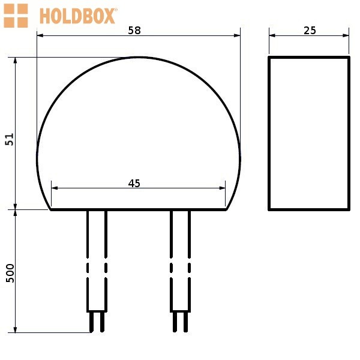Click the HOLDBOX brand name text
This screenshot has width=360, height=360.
(78, 16)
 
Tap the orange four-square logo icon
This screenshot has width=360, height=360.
(16, 16)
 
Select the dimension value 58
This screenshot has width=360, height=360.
(134, 31)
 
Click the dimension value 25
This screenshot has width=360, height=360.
(310, 31)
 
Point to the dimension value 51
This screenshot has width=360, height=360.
(10, 139)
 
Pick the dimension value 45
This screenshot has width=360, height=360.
(134, 184)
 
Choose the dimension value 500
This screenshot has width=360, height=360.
(10, 273)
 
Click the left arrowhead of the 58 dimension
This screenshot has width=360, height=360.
(40, 35)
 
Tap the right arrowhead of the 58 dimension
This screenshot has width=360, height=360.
(237, 35)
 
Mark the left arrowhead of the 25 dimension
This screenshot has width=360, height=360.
(272, 35)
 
